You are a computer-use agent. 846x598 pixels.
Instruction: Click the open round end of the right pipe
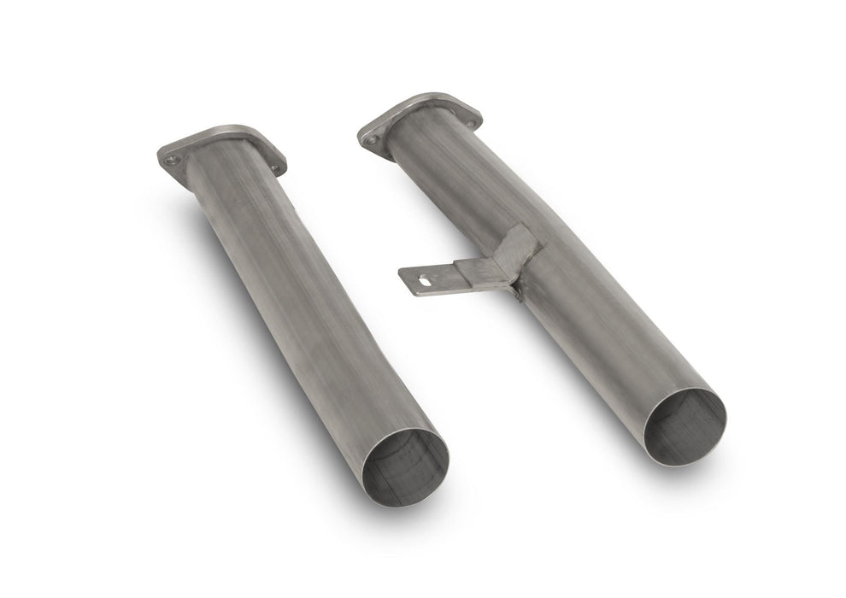coord(685,427)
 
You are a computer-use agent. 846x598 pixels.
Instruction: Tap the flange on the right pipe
coord(419,120)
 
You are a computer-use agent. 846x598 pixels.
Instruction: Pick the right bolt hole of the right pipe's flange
coord(471,124)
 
